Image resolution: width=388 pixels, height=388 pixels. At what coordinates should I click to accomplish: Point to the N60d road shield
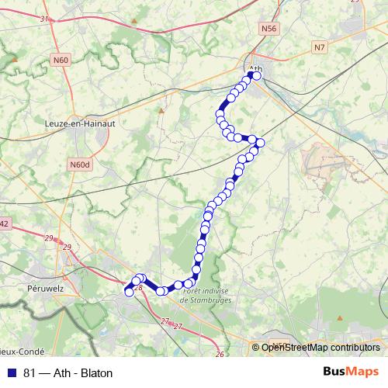click(x=80, y=165)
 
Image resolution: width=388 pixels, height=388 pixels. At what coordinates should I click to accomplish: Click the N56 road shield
click(x=269, y=29)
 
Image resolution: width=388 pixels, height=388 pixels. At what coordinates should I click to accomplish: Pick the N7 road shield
click(x=320, y=47)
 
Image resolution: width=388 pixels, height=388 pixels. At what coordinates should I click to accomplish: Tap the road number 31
click(x=43, y=19)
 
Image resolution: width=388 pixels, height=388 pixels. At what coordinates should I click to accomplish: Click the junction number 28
click(x=140, y=288)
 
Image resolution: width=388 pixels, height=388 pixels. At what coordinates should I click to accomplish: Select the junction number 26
click(x=220, y=354)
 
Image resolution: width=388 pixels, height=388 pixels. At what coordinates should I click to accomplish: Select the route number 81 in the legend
click(x=30, y=373)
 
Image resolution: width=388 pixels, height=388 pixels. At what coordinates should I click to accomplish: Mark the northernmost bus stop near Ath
click(x=257, y=76)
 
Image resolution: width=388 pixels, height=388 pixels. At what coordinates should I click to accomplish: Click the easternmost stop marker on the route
click(x=261, y=142)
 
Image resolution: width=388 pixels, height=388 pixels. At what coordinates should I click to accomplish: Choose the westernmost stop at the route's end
click(x=129, y=292)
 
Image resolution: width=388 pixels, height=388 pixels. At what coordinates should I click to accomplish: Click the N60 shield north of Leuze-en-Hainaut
click(x=61, y=59)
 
